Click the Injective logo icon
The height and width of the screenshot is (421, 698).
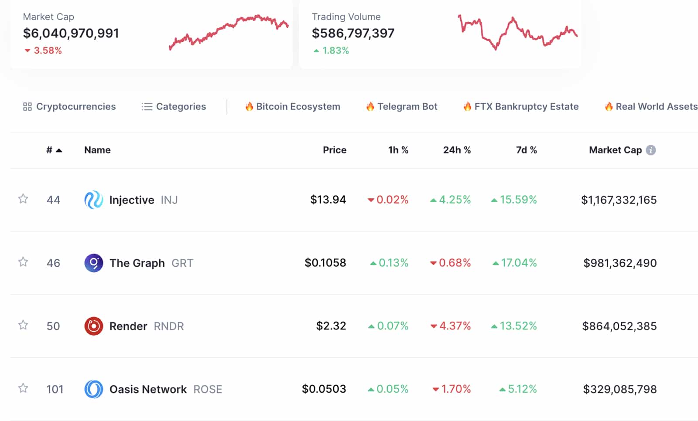pyautogui.click(x=93, y=200)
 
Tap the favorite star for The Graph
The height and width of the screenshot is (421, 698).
pyautogui.click(x=23, y=262)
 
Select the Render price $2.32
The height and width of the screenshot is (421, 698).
pyautogui.click(x=331, y=326)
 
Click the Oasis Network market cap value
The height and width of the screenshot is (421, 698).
pyautogui.click(x=619, y=389)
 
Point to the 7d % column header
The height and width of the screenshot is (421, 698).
pyautogui.click(x=526, y=150)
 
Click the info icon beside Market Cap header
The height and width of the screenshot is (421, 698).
pyautogui.click(x=651, y=150)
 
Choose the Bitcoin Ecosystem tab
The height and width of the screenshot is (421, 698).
pyautogui.click(x=293, y=107)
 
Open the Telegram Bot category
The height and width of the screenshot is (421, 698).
pyautogui.click(x=402, y=107)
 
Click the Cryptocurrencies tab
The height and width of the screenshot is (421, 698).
pyautogui.click(x=70, y=107)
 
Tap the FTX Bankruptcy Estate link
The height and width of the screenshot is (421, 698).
pyautogui.click(x=521, y=107)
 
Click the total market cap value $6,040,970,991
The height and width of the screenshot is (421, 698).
pyautogui.click(x=71, y=33)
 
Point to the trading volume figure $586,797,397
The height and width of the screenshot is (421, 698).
pyautogui.click(x=353, y=33)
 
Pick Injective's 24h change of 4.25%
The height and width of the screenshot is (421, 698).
pyautogui.click(x=451, y=200)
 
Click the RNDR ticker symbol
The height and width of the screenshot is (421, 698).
pyautogui.click(x=169, y=326)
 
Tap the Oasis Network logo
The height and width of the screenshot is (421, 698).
pyautogui.click(x=93, y=389)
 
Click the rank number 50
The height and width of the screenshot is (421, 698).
pyautogui.click(x=53, y=326)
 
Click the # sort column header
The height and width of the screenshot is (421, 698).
pyautogui.click(x=54, y=150)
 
